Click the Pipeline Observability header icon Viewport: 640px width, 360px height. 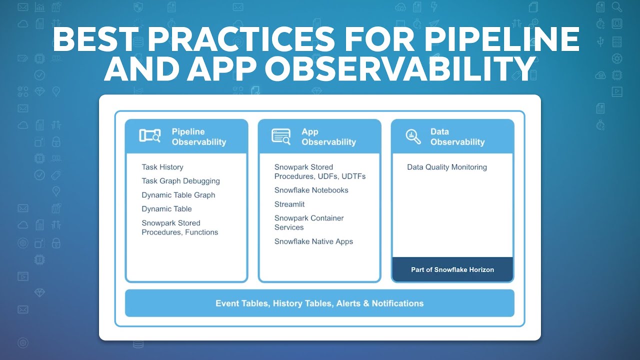pos(149,136)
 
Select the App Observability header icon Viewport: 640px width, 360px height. pos(281,136)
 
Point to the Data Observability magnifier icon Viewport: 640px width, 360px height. pos(413,136)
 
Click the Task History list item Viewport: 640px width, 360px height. pos(162,167)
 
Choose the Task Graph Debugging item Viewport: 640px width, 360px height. pos(180,181)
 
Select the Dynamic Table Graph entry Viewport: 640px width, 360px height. pos(178,195)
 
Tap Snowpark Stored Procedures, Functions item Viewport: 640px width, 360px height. pos(179,227)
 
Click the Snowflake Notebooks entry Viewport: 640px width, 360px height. pos(311,190)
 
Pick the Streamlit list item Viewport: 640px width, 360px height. pos(289,204)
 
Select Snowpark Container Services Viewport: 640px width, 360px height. pos(308,222)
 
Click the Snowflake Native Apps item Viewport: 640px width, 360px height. pos(313,241)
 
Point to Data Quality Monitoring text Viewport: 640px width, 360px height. pos(446,167)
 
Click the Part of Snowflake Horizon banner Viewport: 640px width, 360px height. pos(452,269)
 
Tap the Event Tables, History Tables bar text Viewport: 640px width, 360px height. pos(319,303)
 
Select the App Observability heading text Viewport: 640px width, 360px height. pos(328,137)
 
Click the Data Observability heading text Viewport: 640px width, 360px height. pos(457,137)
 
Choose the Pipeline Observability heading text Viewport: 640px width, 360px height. pos(198,137)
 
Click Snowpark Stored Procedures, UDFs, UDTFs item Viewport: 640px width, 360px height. pos(320,171)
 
